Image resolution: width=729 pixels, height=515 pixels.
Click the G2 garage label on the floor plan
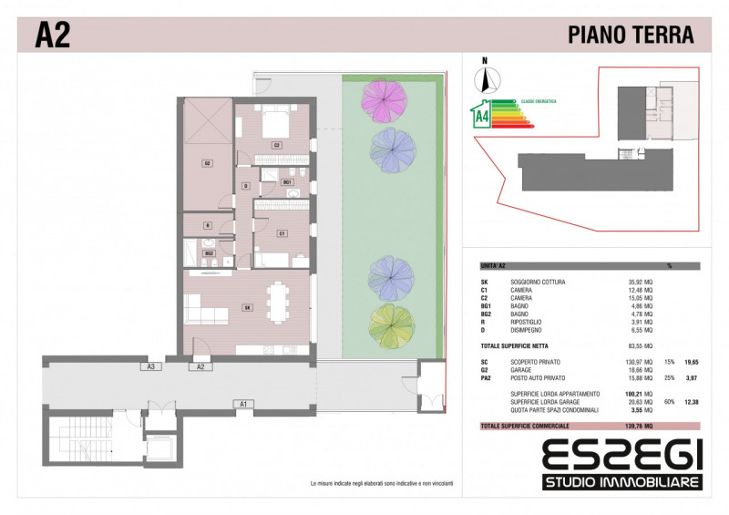coord(208,164)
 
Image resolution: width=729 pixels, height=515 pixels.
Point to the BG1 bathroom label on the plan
coord(287,182)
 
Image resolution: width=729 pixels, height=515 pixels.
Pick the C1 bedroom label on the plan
coord(282,233)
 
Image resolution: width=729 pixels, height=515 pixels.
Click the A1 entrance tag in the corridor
coord(243,402)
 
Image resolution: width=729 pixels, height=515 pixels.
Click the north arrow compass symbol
coord(485,77)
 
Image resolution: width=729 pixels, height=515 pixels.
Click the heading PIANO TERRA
coord(631,35)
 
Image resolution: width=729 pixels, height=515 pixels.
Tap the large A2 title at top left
coord(53,35)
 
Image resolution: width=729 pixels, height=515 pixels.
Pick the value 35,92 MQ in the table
coord(635,282)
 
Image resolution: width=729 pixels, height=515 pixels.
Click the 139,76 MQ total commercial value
coord(635,426)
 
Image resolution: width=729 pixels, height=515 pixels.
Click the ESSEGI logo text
coord(621,454)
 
